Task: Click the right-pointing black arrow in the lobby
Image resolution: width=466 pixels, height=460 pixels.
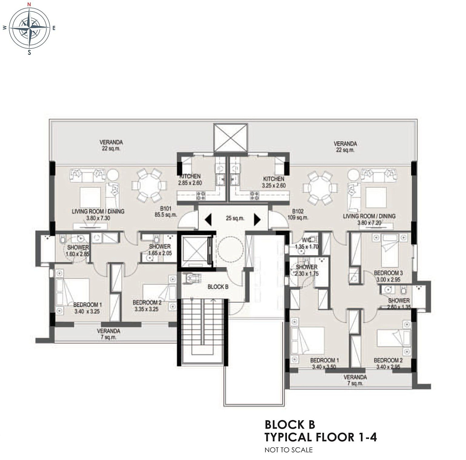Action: [x=257, y=219]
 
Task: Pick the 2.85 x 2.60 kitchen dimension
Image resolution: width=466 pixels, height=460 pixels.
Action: [x=189, y=183]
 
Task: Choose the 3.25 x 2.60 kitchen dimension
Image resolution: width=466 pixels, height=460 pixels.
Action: [x=273, y=186]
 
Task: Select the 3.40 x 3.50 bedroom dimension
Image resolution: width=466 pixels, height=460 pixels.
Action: [x=324, y=367]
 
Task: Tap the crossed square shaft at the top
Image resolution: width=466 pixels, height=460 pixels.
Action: [x=230, y=137]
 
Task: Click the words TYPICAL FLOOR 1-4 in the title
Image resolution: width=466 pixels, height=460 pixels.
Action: [x=321, y=438]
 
